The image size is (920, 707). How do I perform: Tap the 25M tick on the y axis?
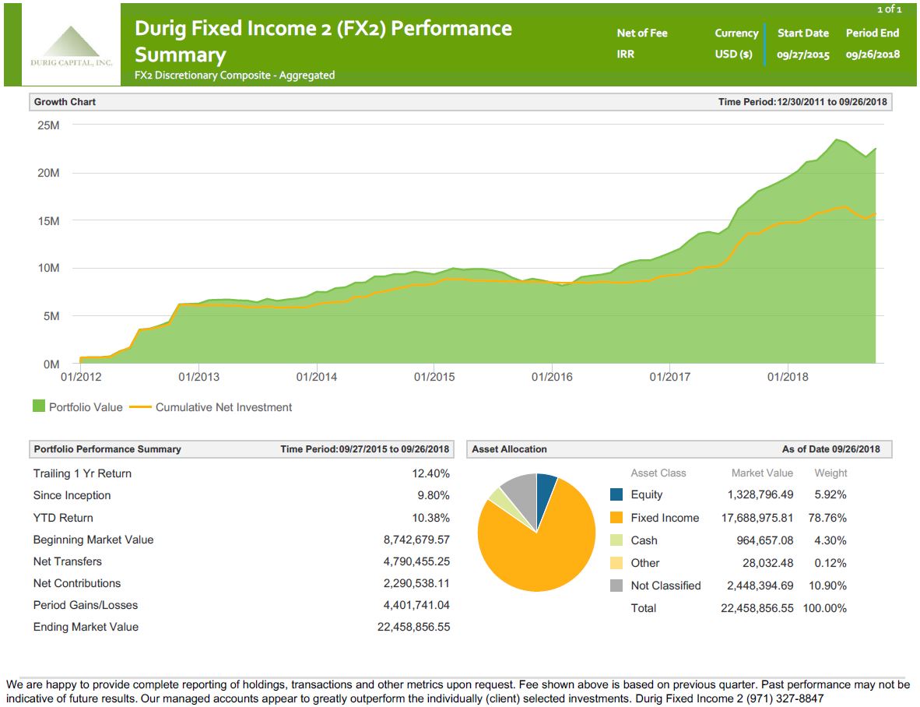(x=48, y=125)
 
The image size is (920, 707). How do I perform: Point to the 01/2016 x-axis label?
(x=552, y=377)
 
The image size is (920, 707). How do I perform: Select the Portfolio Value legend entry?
(x=78, y=406)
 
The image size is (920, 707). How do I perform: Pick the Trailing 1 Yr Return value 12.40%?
(x=430, y=473)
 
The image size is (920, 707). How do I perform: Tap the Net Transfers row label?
(x=68, y=561)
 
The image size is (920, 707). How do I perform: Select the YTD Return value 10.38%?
(x=430, y=518)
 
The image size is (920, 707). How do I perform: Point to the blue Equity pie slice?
(x=546, y=487)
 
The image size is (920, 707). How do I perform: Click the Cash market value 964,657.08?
(x=764, y=540)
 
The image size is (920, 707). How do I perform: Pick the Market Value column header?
(x=762, y=473)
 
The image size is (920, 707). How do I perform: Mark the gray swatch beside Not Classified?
(x=616, y=586)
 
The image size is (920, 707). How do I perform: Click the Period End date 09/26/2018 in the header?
(x=872, y=55)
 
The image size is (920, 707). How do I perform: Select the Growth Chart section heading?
(x=65, y=102)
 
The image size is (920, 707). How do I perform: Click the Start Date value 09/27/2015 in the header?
(x=803, y=55)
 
